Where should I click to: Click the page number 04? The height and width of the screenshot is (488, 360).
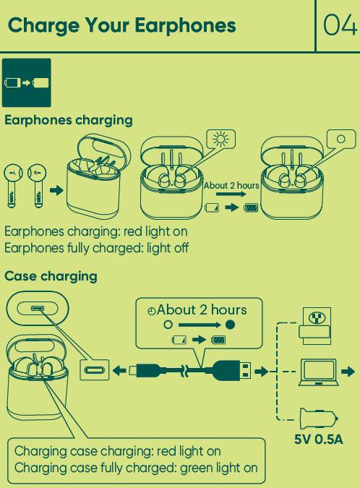[x=340, y=25]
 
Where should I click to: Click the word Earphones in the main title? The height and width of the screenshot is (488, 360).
[x=185, y=25]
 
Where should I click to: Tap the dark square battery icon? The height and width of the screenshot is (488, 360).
[x=27, y=83]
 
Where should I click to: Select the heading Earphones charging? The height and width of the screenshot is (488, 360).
[x=69, y=121]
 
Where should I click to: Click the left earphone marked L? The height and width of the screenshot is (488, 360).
[x=13, y=186]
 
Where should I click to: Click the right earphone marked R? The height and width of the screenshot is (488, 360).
[x=38, y=186]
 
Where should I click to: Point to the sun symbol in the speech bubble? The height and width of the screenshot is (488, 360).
[x=220, y=139]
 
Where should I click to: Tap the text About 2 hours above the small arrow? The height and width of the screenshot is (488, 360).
[x=231, y=186]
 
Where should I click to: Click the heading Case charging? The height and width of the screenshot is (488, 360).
[x=51, y=276]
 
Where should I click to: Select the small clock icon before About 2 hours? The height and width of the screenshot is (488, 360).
[x=152, y=311]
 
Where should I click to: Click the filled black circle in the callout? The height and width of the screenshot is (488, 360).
[x=231, y=325]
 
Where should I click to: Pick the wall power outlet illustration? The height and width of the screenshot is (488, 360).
[x=315, y=326]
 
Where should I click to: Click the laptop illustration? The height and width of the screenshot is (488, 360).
[x=319, y=372]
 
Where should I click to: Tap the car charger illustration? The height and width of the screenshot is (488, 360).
[x=318, y=418]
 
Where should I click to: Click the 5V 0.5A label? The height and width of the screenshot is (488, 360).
[x=319, y=440]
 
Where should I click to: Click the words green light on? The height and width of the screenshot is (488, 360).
[x=219, y=468]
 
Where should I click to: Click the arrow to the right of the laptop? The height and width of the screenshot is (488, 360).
[x=348, y=372]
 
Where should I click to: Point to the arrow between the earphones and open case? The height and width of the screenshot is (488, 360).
[x=56, y=190]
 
